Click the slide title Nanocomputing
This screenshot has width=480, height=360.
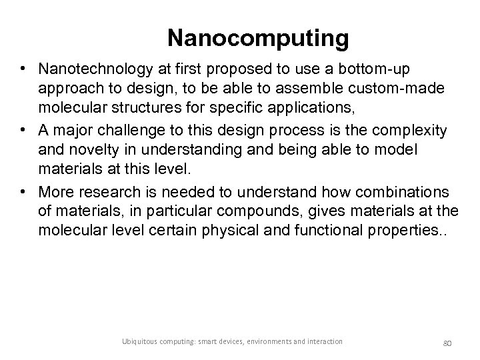(x=258, y=38)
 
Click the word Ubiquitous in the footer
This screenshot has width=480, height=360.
(x=137, y=341)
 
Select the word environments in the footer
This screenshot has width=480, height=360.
(x=272, y=341)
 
